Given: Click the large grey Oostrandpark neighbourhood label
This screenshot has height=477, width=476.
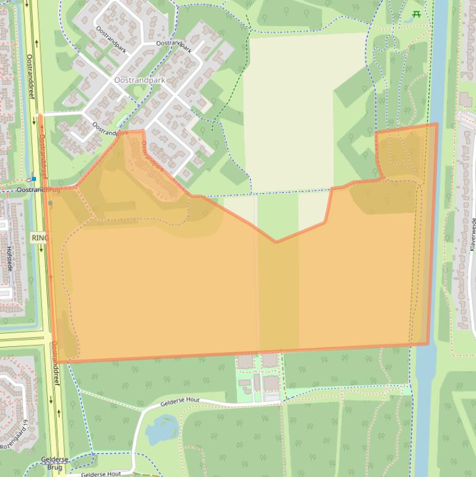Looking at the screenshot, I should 140,81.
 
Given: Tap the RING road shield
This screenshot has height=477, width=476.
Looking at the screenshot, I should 38,237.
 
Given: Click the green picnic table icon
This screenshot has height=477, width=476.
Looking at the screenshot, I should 417,15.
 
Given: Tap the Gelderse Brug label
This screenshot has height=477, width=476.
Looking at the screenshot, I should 54,463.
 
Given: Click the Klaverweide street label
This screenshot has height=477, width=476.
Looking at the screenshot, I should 472,234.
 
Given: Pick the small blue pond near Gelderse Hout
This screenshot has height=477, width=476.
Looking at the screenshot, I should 162,428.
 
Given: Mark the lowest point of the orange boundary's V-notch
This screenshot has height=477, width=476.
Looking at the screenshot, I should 276,242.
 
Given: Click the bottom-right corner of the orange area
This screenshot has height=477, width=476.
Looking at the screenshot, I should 428,344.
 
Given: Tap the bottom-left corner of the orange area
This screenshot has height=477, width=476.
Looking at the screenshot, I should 59,362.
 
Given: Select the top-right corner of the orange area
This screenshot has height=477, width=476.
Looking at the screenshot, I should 437,124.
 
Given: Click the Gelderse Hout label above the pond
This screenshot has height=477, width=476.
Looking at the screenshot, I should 180,402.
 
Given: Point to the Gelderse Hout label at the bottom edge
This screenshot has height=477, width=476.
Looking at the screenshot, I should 101,474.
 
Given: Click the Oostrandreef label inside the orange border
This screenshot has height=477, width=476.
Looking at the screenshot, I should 43,155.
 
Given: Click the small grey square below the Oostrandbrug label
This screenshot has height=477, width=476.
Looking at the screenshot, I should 50,203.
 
